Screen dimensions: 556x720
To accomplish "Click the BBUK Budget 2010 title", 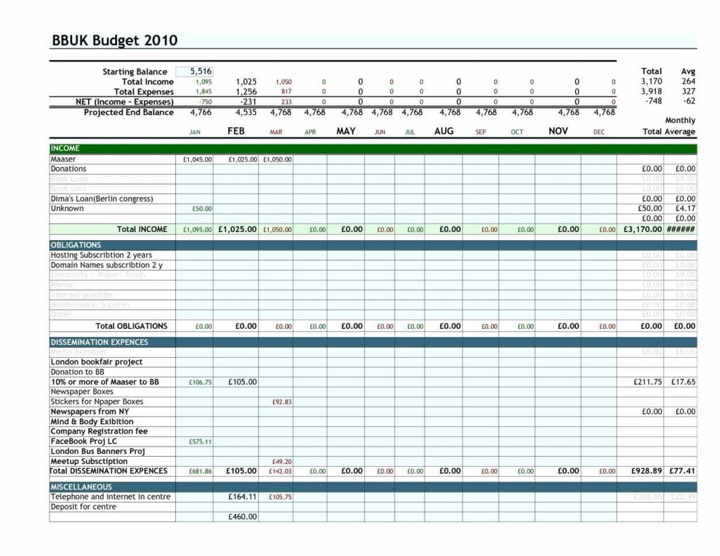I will click(x=115, y=41).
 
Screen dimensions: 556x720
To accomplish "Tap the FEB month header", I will click(x=236, y=131).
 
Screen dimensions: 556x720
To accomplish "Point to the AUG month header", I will click(x=444, y=131).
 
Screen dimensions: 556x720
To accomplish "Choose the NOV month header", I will click(x=558, y=131).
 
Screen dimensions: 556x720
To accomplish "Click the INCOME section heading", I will click(x=65, y=148).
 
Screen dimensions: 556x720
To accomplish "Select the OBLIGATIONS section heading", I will click(x=76, y=245).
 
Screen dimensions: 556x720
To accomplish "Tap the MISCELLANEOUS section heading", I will click(x=81, y=487).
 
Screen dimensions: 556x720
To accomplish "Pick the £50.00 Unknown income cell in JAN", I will click(x=202, y=209).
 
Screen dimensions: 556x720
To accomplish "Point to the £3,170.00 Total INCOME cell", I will click(x=643, y=229).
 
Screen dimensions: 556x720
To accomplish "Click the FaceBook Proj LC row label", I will click(x=84, y=441).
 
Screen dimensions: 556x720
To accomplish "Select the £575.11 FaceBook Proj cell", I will click(x=200, y=442).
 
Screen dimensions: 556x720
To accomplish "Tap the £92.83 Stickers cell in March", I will click(x=281, y=402).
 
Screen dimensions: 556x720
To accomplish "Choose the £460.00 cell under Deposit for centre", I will click(x=242, y=516).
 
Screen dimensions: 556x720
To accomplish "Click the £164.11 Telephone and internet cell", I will click(x=242, y=497).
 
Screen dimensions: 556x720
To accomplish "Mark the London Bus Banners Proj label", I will click(x=97, y=451).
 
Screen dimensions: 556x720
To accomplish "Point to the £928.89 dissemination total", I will click(x=646, y=471).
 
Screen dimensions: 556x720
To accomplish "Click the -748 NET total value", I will click(x=653, y=101).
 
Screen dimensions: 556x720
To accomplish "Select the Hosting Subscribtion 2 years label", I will click(x=101, y=255).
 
